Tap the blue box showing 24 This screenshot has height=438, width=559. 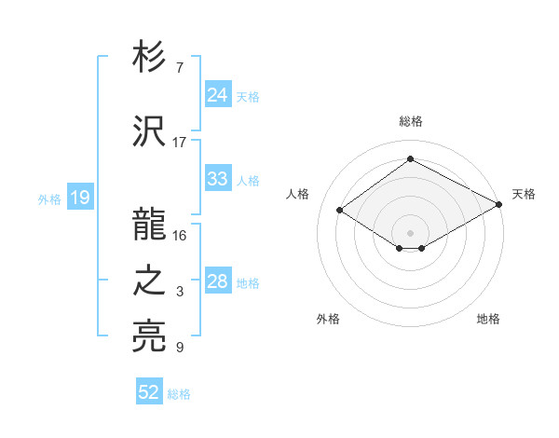[x=217, y=95]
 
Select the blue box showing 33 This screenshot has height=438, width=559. [x=217, y=179]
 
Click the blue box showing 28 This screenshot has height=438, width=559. [x=217, y=281]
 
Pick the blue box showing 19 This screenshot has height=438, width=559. [x=79, y=198]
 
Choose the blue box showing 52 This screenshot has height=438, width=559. [x=148, y=392]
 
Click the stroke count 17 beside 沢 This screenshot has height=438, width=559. [x=180, y=143]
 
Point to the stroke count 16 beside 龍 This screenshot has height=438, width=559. [x=180, y=236]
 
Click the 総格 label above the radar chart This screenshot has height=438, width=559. [x=410, y=122]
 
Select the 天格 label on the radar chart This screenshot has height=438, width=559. [x=524, y=194]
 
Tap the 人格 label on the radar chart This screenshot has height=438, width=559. [x=297, y=194]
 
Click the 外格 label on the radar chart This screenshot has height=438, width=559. [x=328, y=320]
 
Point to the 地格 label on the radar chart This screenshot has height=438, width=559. [x=488, y=320]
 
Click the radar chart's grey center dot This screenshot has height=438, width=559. [x=410, y=231]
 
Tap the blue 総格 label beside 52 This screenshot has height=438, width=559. [x=179, y=394]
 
